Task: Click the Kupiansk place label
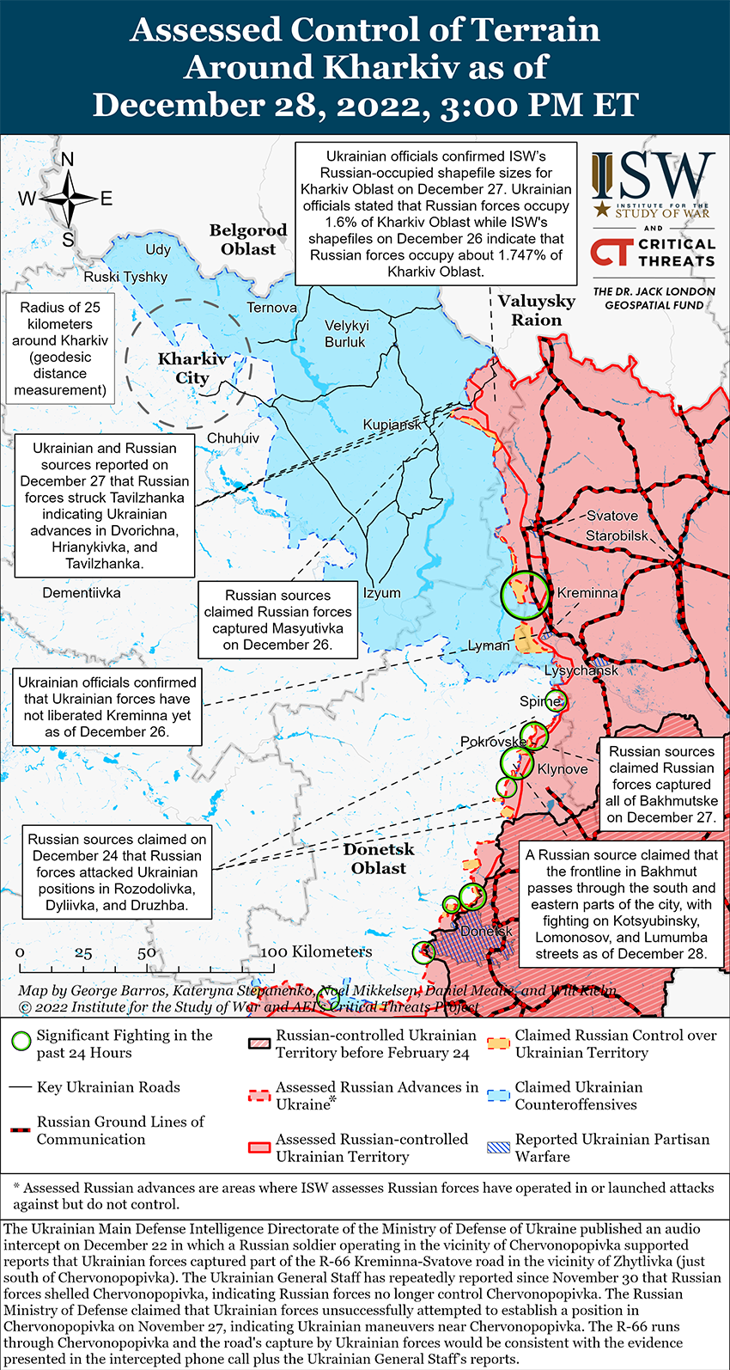(x=392, y=425)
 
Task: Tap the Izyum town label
(x=381, y=593)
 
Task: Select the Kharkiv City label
(x=192, y=369)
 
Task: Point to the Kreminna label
(x=587, y=593)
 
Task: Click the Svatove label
(x=611, y=516)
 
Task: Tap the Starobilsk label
(x=617, y=535)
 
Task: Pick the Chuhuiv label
(x=233, y=438)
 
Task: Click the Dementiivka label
(x=82, y=593)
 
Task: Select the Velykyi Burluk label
(x=345, y=333)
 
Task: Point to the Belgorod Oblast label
(x=248, y=240)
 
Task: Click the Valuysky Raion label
(x=537, y=310)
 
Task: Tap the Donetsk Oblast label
(x=379, y=859)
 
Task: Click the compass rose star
(x=68, y=199)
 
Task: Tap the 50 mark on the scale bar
(x=147, y=952)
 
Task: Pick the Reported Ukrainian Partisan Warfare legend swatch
(x=498, y=1147)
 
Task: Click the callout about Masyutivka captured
(x=277, y=620)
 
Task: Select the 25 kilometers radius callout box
(x=60, y=349)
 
